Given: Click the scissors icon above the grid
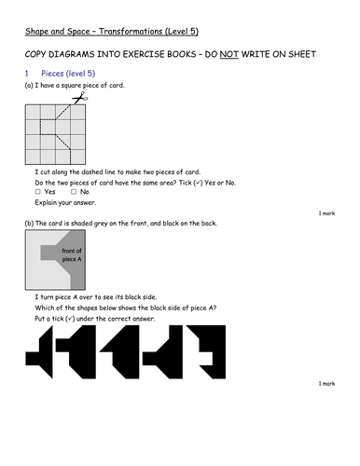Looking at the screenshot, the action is (x=81, y=97).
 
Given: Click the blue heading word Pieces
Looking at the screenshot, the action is (x=58, y=72).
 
